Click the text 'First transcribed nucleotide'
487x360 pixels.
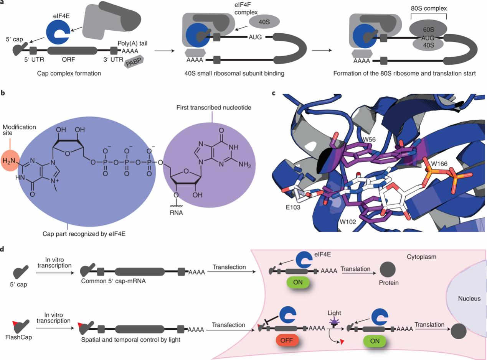211,107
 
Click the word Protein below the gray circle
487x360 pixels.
388,283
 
